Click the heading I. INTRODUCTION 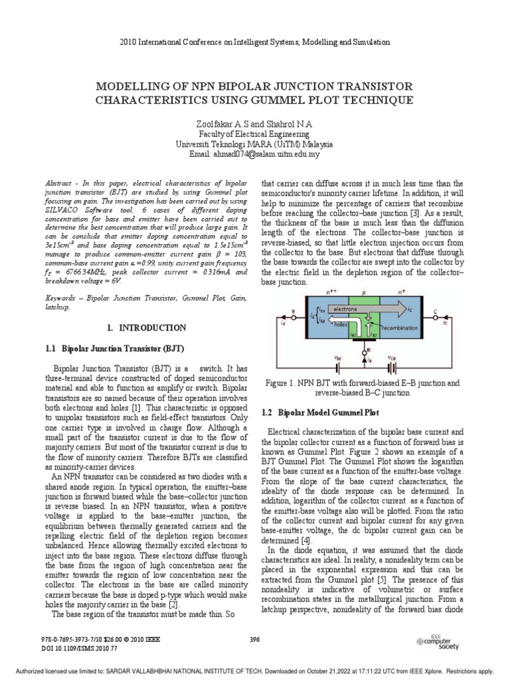[x=146, y=328]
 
